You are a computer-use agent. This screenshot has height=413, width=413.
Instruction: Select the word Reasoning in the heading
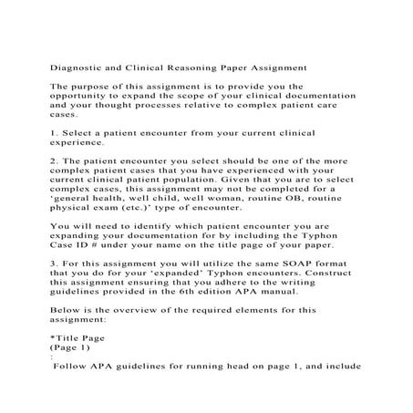click(204, 67)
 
